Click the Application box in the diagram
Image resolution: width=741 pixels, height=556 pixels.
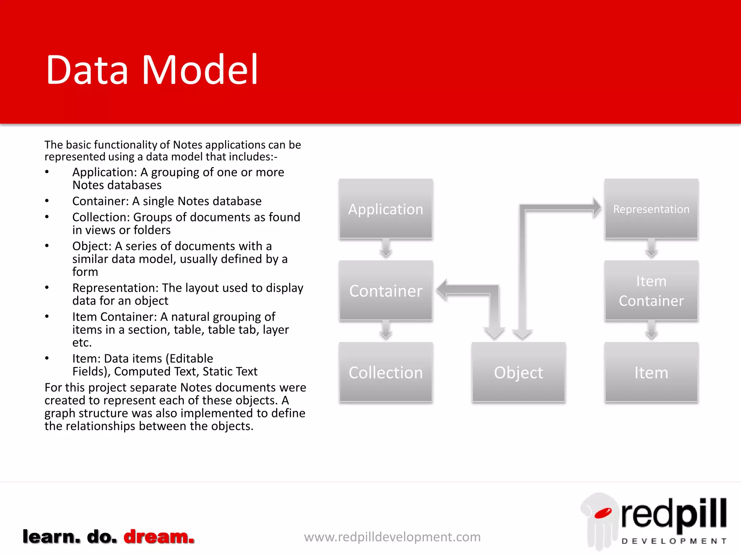pos(386,209)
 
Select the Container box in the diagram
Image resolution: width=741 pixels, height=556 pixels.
pos(386,291)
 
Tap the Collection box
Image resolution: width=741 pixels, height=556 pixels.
pos(386,372)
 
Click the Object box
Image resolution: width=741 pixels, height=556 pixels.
pos(518,372)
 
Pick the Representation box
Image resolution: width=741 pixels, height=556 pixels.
pos(651,209)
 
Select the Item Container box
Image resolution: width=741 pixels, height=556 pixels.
pos(651,291)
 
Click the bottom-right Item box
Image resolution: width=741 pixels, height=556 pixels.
pos(651,372)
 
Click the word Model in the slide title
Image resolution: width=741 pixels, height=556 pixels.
pos(200,69)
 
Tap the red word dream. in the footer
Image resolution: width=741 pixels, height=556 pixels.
pos(159,536)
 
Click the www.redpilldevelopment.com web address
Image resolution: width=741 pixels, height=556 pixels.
pos(392,537)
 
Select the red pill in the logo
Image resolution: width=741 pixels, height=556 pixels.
pos(603,513)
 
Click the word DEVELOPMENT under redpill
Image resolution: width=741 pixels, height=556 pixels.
pos(674,541)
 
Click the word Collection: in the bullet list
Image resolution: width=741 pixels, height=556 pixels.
pos(101,217)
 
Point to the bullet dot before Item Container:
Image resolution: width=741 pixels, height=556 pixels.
pos(47,317)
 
